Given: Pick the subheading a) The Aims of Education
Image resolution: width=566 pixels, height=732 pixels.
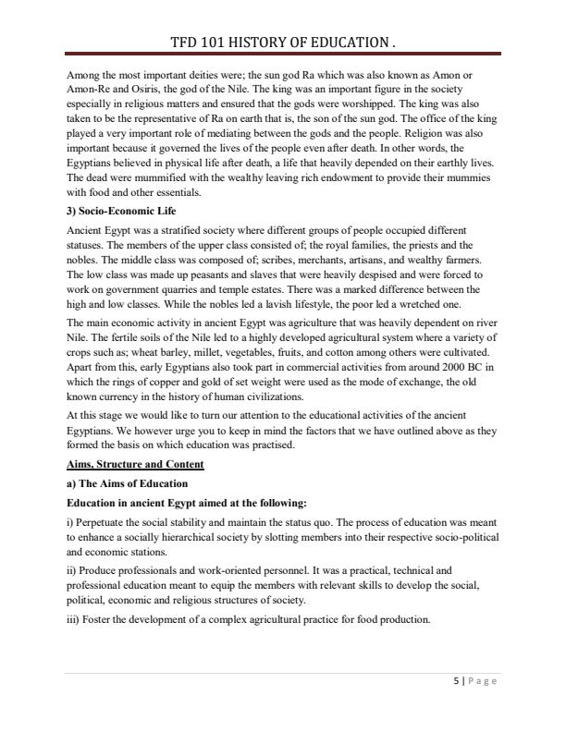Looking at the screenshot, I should [127, 483].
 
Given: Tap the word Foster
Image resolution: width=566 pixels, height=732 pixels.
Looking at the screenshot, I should [100, 618].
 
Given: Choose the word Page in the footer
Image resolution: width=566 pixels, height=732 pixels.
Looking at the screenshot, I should [480, 681].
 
